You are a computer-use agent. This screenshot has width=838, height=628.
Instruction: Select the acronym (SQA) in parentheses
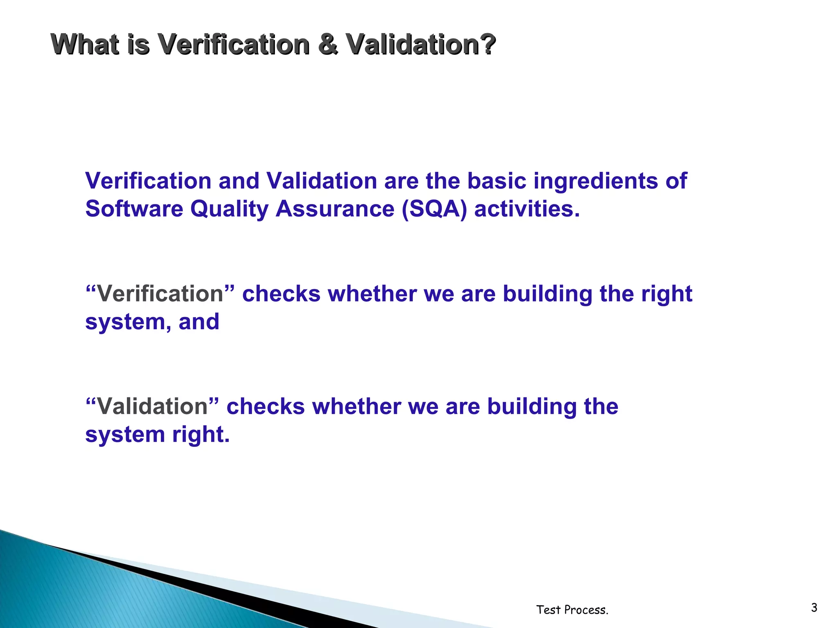[x=434, y=209]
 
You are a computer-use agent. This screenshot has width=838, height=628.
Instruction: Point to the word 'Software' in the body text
[x=134, y=209]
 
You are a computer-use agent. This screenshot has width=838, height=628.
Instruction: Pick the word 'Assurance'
[x=335, y=209]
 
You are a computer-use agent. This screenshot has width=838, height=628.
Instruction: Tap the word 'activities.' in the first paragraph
[x=527, y=209]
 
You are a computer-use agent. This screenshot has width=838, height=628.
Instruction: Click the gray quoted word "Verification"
[x=160, y=294]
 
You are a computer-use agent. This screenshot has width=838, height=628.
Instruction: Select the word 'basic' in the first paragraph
[x=497, y=181]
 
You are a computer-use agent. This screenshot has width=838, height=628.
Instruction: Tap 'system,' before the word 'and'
[x=128, y=322]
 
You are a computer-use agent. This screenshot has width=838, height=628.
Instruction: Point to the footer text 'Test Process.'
[x=572, y=610]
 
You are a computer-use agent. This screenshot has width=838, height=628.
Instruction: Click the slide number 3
[x=814, y=608]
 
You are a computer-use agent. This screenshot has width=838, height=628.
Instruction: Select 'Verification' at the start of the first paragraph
[x=148, y=181]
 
